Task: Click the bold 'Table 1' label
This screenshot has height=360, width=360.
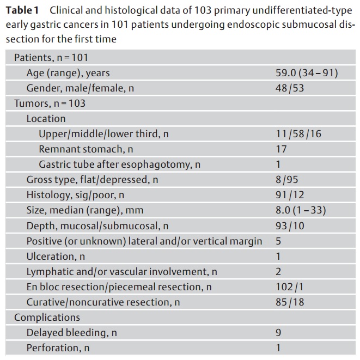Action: [x=22, y=10]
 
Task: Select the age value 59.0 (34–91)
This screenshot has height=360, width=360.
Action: [x=307, y=73]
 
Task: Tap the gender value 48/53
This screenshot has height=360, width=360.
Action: [x=290, y=88]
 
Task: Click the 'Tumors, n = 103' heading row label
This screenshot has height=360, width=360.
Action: [x=50, y=103]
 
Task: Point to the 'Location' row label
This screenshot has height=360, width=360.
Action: [x=46, y=119]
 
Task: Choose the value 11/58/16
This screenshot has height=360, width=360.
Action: [x=298, y=133]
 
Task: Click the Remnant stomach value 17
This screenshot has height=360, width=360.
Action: [x=281, y=149]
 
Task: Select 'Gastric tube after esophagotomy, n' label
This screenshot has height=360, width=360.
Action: [x=120, y=164]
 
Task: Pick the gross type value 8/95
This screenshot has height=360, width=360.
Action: [x=287, y=180]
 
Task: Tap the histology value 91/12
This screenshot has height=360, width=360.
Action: [x=290, y=194]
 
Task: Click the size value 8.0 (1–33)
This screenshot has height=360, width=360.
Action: [x=301, y=210]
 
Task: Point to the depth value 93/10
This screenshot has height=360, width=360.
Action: [x=290, y=225]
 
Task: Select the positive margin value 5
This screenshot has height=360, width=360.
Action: [x=278, y=241]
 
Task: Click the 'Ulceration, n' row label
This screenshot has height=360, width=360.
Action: [x=56, y=256]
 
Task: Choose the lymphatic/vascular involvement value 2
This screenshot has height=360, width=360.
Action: [x=278, y=272]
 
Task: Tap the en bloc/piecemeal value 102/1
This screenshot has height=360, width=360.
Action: [x=290, y=287]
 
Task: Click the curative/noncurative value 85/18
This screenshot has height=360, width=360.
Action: [x=290, y=302]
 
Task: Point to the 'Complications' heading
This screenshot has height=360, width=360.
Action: [x=47, y=318]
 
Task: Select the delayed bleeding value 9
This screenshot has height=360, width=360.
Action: [x=278, y=333]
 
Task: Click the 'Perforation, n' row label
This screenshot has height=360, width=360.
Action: [x=58, y=348]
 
